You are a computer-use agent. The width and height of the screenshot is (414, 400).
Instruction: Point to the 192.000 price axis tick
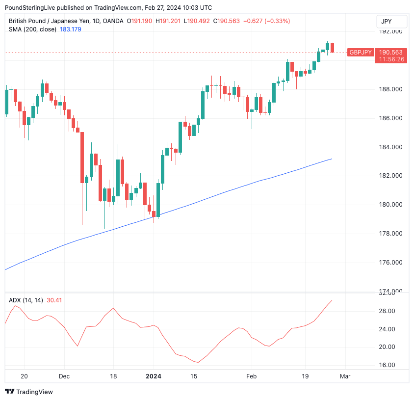pos(392,31)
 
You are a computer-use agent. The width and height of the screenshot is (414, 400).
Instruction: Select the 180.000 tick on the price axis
pos(392,205)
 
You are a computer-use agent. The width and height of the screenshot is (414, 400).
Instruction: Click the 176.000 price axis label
pos(392,263)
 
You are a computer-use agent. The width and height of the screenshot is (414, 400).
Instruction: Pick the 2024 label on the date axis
pos(154,376)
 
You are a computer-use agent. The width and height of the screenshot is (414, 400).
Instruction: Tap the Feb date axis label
pos(251,376)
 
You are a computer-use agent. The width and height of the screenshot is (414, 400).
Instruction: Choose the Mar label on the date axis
pos(345,376)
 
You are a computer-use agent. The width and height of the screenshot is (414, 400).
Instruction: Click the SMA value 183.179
pos(71,29)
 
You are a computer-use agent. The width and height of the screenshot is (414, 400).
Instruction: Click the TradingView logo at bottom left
pos(29,392)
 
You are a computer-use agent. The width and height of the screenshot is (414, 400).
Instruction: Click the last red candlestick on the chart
pos(332,48)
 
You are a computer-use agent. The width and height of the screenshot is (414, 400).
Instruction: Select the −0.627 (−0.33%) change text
pos(268,21)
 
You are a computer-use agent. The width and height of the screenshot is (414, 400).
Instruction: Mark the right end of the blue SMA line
pos(332,159)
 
